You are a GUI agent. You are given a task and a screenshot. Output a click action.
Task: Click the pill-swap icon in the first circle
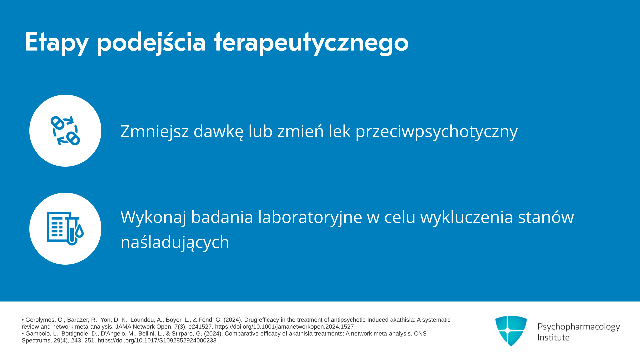tap(65, 131)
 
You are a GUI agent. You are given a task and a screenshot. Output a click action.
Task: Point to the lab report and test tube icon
tap(65, 229)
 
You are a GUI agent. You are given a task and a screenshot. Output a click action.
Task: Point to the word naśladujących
tap(175, 242)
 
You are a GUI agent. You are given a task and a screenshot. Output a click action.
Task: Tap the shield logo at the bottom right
tap(511, 331)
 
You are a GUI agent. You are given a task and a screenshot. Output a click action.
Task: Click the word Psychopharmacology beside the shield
tap(579, 327)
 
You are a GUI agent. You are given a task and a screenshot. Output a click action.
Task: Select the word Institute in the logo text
tap(553, 337)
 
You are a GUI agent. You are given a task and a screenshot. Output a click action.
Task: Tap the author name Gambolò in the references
tap(38, 334)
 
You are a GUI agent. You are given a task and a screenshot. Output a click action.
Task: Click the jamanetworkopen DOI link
tap(284, 327)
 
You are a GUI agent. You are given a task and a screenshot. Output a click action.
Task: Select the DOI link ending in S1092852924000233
tap(157, 341)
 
